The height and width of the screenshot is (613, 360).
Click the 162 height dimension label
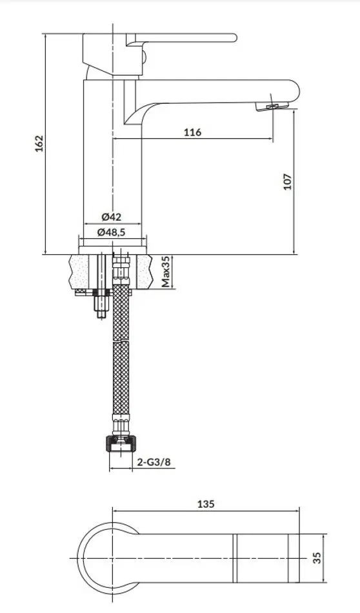[x=38, y=143]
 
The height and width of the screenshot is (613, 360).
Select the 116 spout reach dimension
[x=192, y=132]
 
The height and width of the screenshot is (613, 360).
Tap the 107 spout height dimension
[x=288, y=181]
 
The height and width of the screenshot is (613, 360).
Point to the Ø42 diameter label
[x=112, y=217]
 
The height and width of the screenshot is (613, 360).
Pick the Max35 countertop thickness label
[x=165, y=272]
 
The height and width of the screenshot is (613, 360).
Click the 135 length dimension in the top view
[x=206, y=504]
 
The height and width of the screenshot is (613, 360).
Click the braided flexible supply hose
[x=120, y=361]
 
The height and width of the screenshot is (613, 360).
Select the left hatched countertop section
[x=81, y=271]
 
